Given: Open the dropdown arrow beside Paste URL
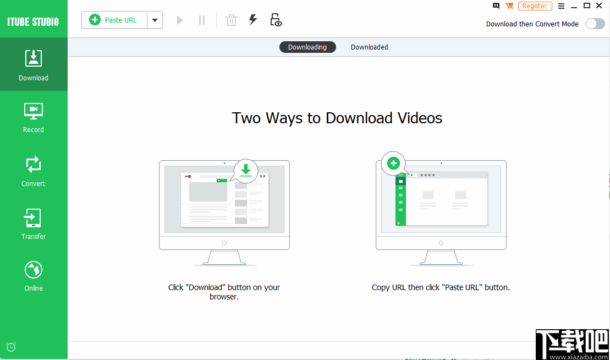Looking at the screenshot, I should [155, 20].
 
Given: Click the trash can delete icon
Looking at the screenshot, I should [232, 20].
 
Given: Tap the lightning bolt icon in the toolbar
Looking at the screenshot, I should [253, 20].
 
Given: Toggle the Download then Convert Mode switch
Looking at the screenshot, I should [595, 24].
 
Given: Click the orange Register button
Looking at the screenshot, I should [535, 6].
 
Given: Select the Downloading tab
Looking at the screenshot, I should [307, 47].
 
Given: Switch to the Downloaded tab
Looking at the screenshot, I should [369, 47].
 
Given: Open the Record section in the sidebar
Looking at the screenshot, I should [34, 117].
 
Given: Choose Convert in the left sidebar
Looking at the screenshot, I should [34, 171].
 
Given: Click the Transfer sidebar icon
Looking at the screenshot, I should [34, 223].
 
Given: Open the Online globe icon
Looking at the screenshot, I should [34, 275].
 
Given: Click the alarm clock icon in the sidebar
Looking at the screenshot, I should [11, 347].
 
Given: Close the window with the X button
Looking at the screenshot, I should [599, 6].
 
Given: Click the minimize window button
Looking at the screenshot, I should [574, 6].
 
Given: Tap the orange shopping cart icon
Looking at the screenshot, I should [509, 6].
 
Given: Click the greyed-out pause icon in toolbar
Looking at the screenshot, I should [202, 20].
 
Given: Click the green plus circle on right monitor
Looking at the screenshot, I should [393, 163].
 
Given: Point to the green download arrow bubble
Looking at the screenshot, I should [246, 170].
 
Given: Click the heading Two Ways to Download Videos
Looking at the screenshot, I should [337, 118].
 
